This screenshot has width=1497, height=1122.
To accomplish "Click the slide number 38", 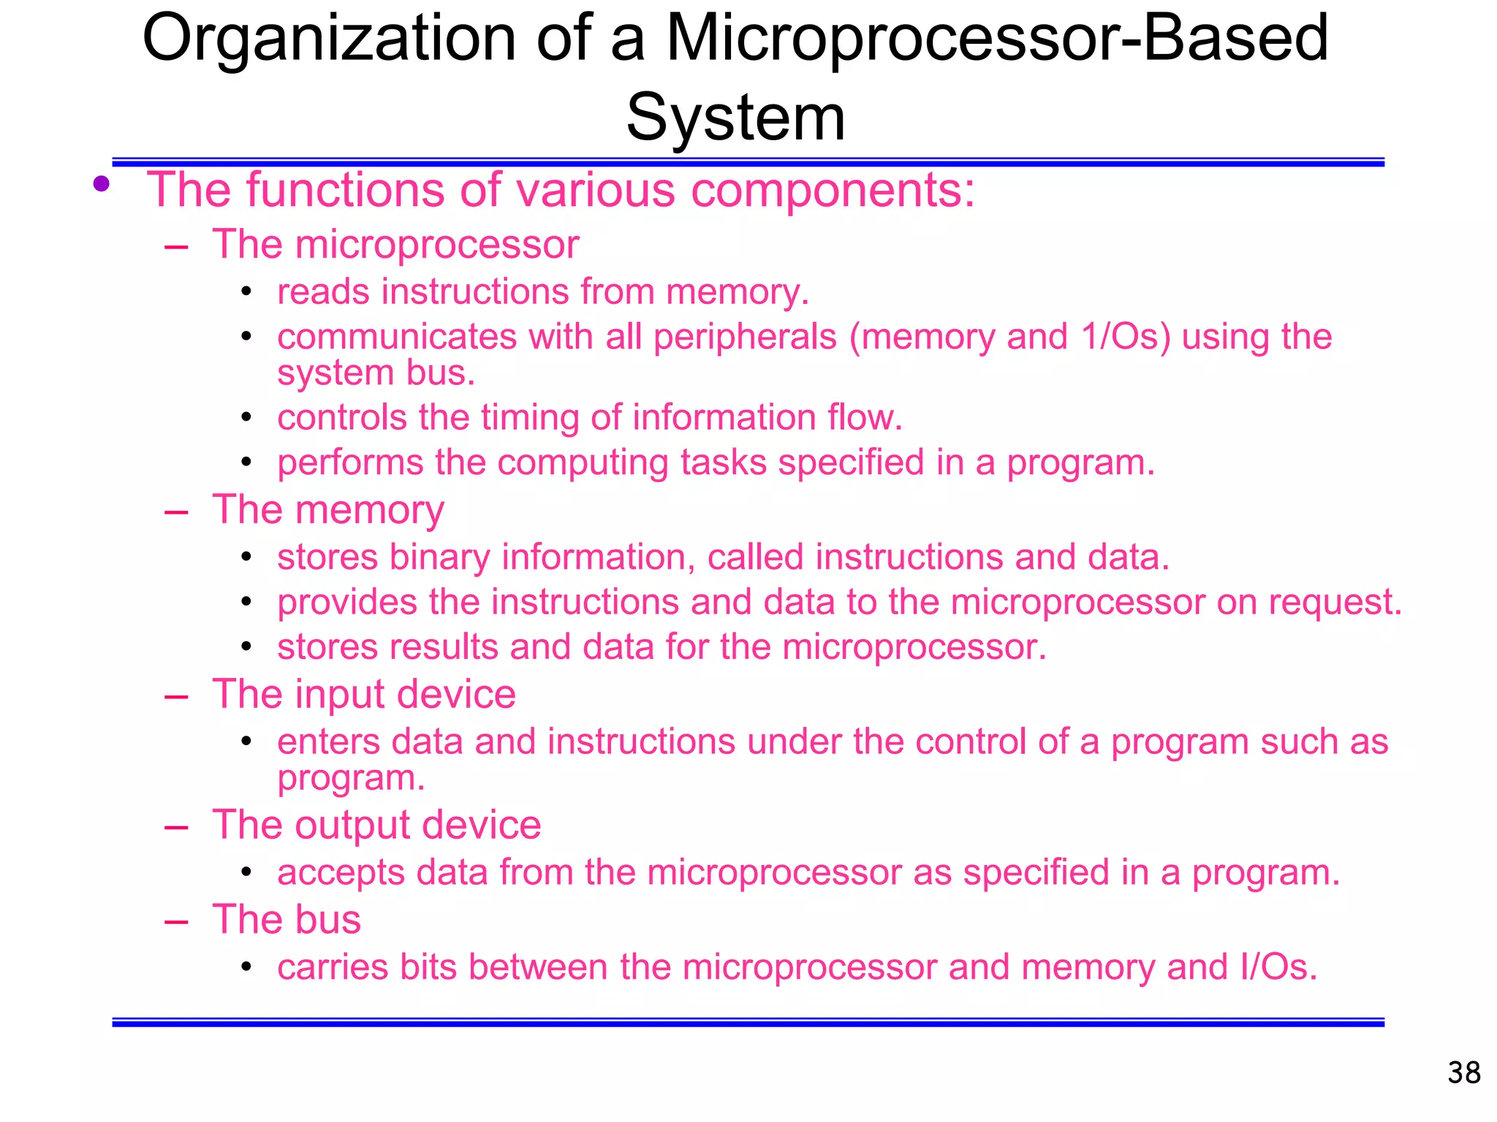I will point(1463,1073).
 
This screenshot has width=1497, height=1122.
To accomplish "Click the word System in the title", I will point(735,118).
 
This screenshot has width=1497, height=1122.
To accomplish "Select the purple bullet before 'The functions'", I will point(102,183).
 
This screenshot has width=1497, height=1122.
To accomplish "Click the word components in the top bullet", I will point(833,190).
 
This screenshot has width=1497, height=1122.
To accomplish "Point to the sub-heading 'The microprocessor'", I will point(395,244).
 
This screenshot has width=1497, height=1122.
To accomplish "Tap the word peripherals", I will point(745,337).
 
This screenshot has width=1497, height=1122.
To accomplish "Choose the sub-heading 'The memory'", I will point(327,510).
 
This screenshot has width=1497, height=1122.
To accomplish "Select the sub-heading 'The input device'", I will point(363,694).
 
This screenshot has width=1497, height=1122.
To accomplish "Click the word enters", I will point(328,742).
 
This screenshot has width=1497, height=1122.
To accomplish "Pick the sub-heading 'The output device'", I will point(376,825).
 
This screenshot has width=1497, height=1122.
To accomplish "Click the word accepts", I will point(341,873).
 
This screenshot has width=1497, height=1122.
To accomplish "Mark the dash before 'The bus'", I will point(176,921).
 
